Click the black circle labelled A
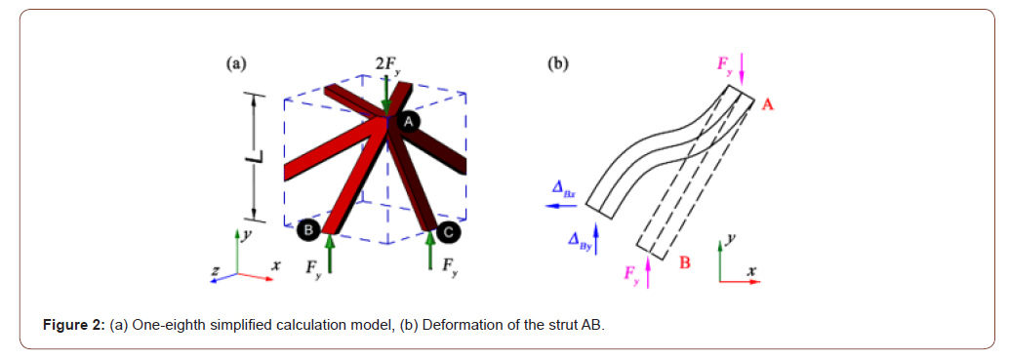[409, 119]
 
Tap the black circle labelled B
[307, 229]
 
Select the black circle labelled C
[447, 231]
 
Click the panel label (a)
[235, 64]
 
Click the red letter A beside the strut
[767, 103]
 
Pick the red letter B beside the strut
[684, 262]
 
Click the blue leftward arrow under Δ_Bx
[560, 207]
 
